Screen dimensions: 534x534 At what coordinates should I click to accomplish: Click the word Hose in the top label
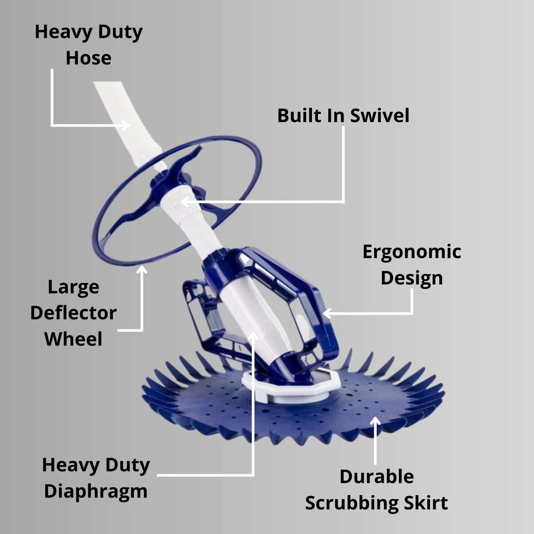pyautogui.click(x=88, y=58)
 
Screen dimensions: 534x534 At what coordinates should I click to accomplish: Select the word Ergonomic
pyautogui.click(x=412, y=252)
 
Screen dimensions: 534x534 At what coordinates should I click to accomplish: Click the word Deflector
pyautogui.click(x=73, y=313)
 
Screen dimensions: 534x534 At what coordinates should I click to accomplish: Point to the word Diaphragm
pyautogui.click(x=95, y=492)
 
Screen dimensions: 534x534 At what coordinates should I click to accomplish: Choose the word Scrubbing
pyautogui.click(x=352, y=503)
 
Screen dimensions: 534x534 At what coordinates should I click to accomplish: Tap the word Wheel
pyautogui.click(x=73, y=339)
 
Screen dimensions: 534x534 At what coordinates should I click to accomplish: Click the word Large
pyautogui.click(x=73, y=287)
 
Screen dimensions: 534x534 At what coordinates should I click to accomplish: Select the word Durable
pyautogui.click(x=377, y=477)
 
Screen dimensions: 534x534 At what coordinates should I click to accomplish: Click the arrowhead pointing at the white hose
pyautogui.click(x=127, y=125)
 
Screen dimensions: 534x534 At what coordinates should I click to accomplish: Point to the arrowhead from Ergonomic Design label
pyautogui.click(x=326, y=314)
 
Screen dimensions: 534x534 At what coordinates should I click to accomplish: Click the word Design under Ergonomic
pyautogui.click(x=412, y=278)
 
